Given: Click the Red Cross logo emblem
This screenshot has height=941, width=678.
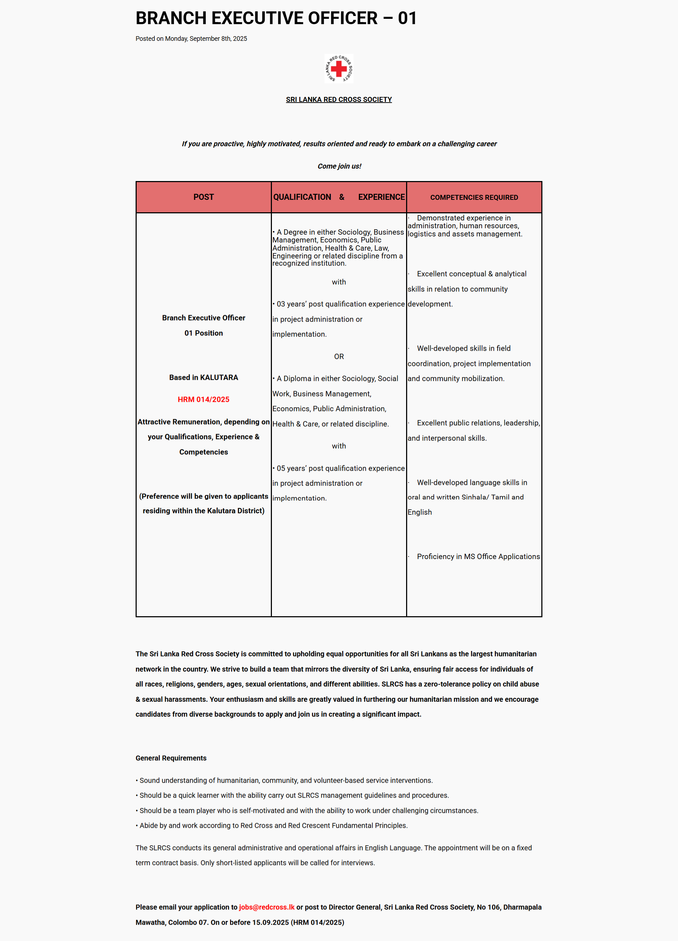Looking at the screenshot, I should [339, 69].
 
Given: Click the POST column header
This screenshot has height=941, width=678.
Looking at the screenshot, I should [203, 197].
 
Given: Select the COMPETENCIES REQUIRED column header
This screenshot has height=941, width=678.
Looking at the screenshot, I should [474, 197].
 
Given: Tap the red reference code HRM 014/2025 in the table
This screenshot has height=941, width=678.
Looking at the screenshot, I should [203, 400].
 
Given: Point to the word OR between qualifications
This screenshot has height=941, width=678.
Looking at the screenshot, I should [339, 356].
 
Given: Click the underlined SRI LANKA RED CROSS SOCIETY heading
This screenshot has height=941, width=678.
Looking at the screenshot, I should [339, 100].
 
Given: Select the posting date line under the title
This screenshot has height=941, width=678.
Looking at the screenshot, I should [191, 39].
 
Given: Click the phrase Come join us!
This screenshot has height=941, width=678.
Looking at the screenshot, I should [339, 166].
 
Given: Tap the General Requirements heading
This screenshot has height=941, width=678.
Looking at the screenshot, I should [171, 758].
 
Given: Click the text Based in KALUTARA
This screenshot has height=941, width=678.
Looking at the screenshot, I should [203, 378].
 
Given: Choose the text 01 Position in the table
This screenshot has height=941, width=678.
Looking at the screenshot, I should [203, 333].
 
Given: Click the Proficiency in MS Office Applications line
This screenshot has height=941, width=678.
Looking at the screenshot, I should [478, 556].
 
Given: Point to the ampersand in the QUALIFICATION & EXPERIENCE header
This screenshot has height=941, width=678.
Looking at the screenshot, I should [341, 197].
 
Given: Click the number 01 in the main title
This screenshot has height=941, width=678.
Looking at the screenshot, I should [407, 18].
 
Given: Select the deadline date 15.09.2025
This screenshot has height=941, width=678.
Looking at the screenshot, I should [270, 922].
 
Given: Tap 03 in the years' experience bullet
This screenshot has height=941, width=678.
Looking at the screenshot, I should [281, 304].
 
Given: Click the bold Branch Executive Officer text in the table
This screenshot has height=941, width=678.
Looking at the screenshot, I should [203, 318].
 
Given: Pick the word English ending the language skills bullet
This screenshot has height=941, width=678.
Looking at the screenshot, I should [420, 512].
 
